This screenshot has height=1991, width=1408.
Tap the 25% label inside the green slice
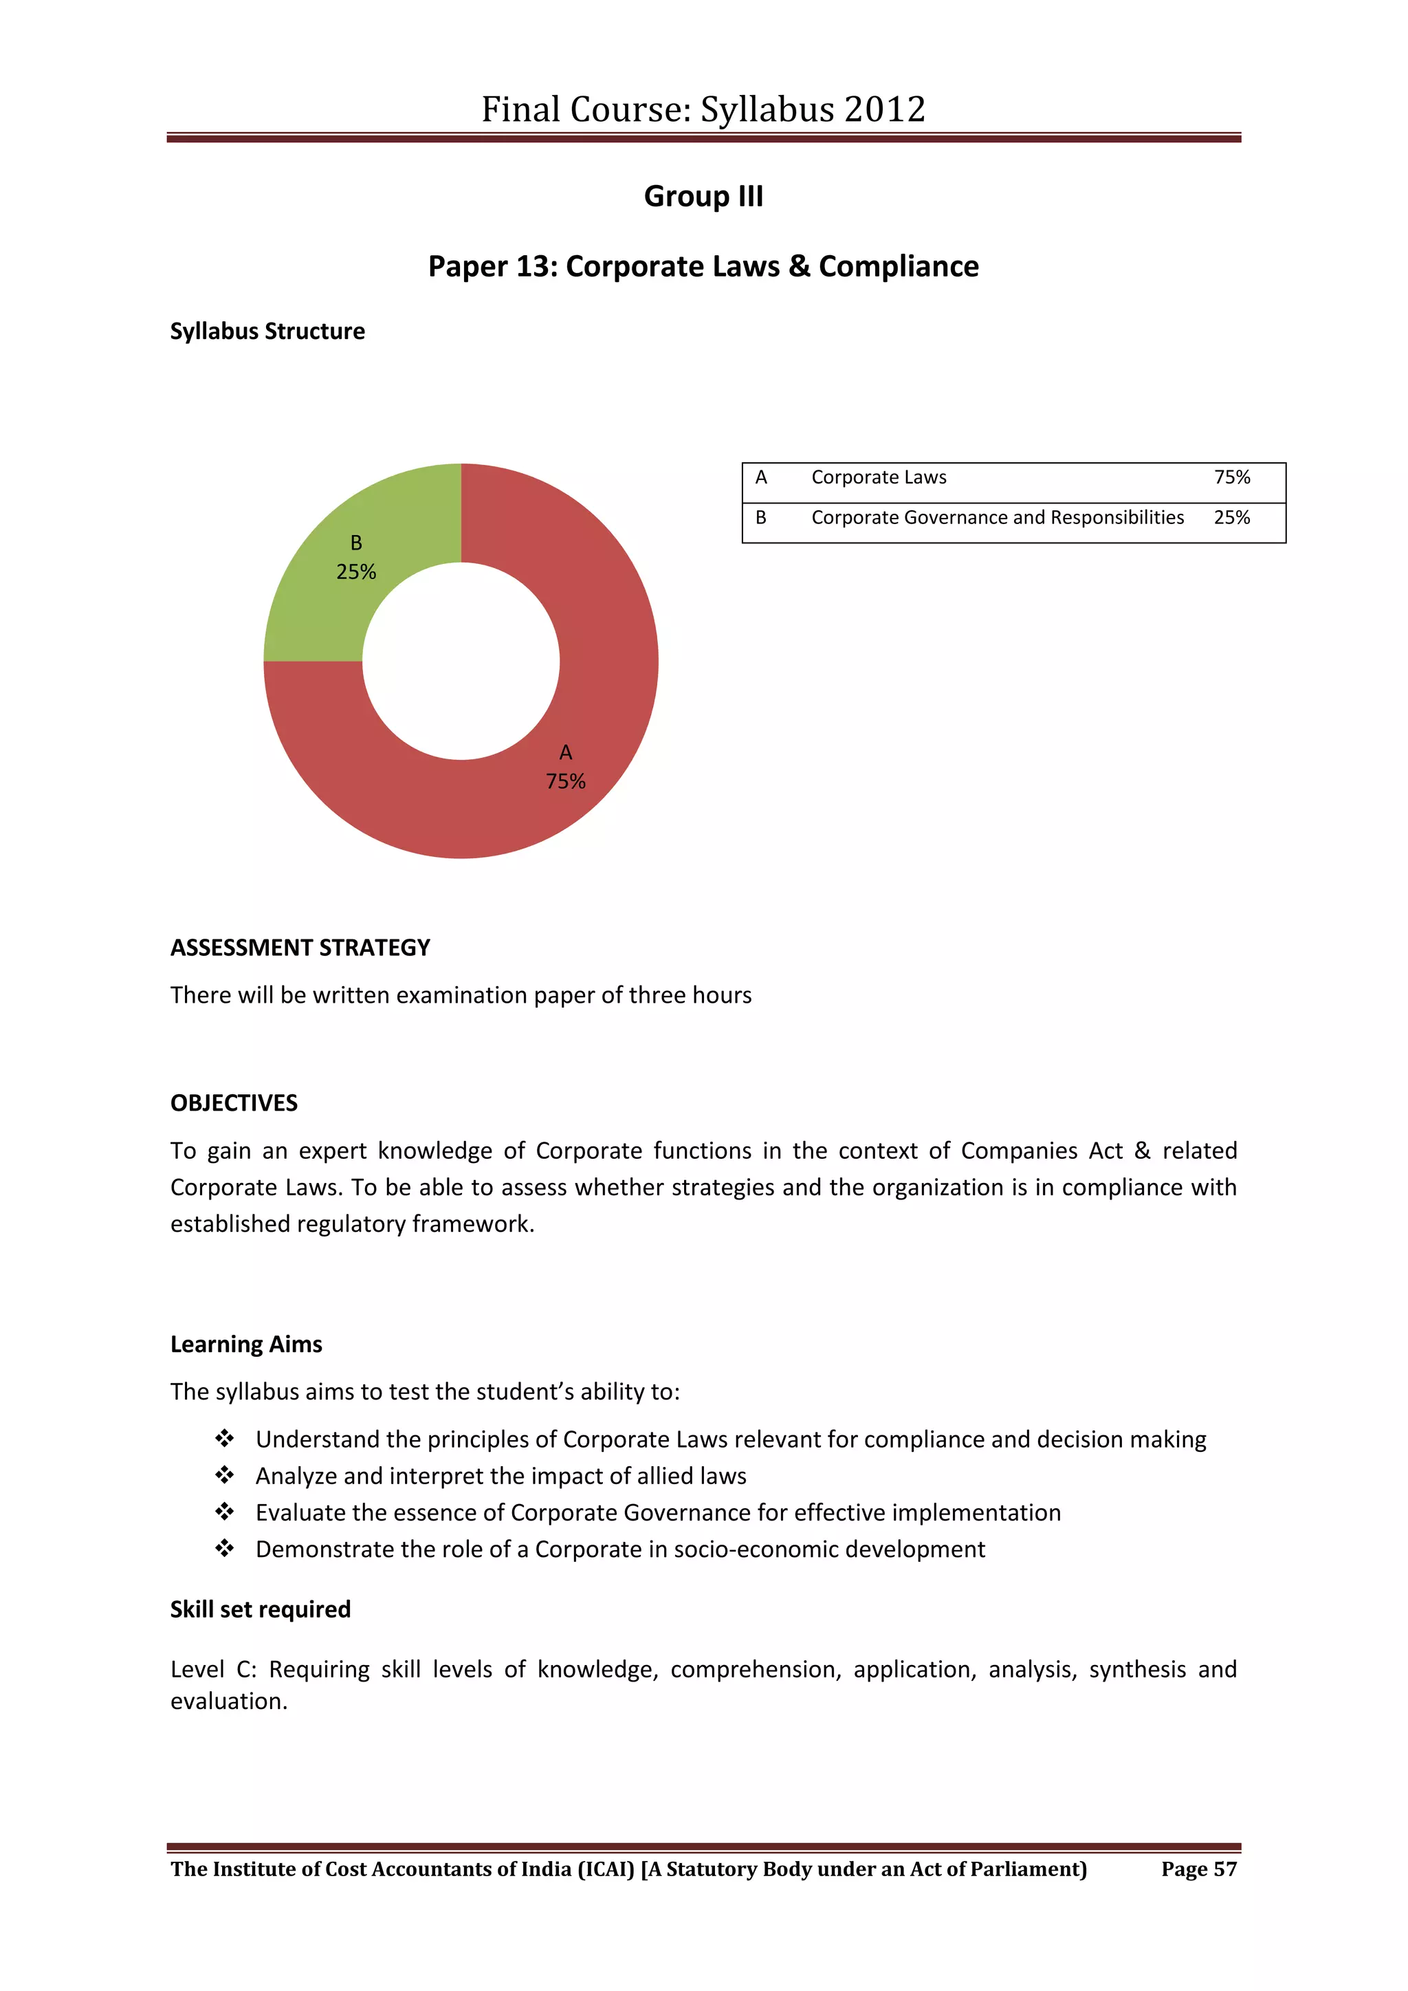356,572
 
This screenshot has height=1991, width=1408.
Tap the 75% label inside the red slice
565,781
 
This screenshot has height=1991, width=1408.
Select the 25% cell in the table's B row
1231,518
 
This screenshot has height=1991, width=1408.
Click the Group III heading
703,197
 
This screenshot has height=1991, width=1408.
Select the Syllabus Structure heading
267,331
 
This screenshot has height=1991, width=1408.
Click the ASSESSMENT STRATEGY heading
300,948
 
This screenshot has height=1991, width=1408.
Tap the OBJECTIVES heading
234,1103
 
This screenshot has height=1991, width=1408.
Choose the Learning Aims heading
246,1344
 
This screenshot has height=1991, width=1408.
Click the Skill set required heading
260,1609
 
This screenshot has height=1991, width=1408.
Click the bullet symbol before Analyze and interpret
225,1475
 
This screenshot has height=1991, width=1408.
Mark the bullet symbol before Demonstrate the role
225,1549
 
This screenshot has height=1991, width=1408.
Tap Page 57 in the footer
1198,1869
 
